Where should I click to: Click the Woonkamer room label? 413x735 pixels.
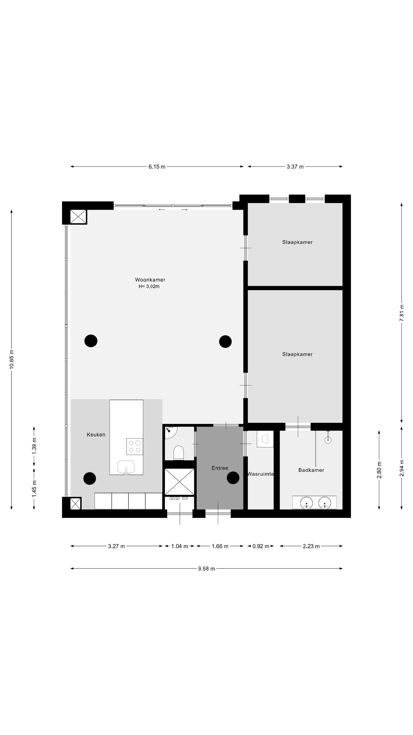(x=150, y=280)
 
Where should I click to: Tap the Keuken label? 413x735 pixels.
(x=96, y=435)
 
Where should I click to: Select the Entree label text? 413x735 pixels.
(x=220, y=468)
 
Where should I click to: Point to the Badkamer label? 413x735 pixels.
(x=311, y=470)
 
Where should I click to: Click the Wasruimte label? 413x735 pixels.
(x=260, y=474)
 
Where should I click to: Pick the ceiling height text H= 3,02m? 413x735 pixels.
(x=149, y=286)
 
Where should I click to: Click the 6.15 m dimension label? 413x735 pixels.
(x=157, y=167)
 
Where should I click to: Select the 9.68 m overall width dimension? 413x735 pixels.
(x=206, y=569)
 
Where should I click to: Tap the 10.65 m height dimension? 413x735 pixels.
(x=11, y=359)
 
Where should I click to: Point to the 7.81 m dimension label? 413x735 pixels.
(x=402, y=313)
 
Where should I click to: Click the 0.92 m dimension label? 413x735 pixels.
(x=261, y=546)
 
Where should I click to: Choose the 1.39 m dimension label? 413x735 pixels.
(x=34, y=445)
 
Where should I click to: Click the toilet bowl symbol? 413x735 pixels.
(x=178, y=453)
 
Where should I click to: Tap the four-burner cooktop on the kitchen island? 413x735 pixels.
(x=135, y=446)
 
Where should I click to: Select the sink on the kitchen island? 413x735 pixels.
(x=126, y=467)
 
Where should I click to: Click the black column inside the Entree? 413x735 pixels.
(x=233, y=478)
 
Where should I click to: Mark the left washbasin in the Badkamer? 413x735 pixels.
(x=306, y=503)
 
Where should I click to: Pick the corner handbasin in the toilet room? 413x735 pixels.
(x=171, y=432)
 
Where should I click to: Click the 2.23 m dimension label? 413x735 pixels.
(x=311, y=546)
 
